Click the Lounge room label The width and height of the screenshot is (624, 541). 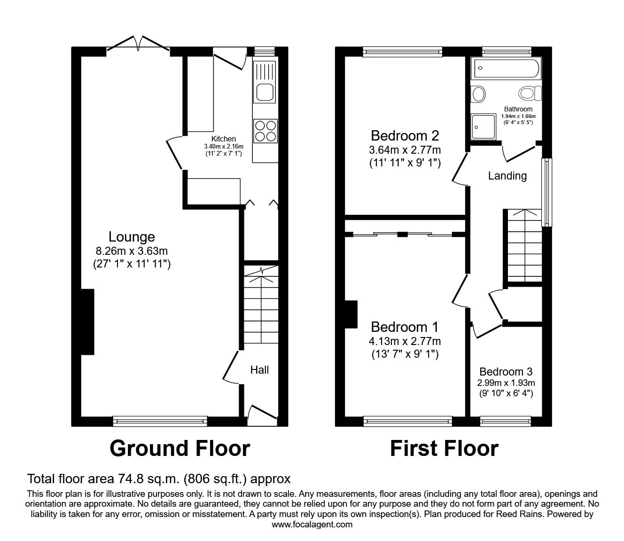click(132, 237)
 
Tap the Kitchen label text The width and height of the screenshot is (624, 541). click(223, 139)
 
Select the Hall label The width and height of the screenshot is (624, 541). click(259, 370)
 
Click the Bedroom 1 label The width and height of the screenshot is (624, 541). click(405, 327)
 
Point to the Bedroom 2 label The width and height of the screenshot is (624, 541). click(405, 136)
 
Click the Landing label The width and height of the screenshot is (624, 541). click(507, 176)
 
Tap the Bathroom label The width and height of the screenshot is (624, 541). click(518, 109)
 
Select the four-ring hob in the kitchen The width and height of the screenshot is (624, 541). click(265, 131)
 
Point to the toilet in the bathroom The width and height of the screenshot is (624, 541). click(530, 93)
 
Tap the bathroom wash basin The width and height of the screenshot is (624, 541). click(478, 94)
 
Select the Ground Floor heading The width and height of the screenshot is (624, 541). click(179, 448)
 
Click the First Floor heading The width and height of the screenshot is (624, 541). click(444, 448)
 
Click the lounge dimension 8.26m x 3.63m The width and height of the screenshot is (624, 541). click(132, 251)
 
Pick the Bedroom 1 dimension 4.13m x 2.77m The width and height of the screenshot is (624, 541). click(405, 341)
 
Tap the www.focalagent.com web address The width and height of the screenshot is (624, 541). click(312, 525)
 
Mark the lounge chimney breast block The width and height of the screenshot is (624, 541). click(87, 322)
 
